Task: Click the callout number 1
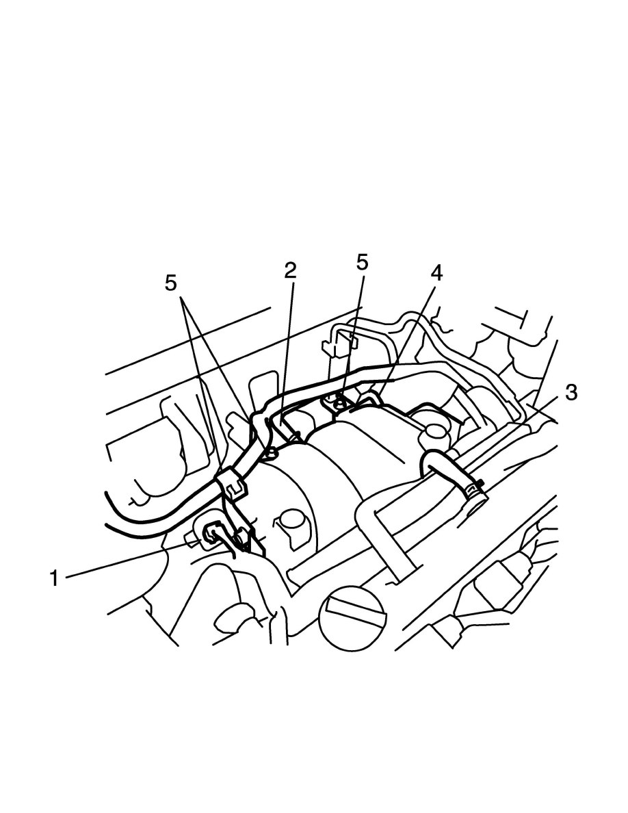click(54, 578)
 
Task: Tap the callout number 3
click(571, 393)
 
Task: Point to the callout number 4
click(436, 273)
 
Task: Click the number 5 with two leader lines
click(171, 283)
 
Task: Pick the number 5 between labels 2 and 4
click(362, 262)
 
